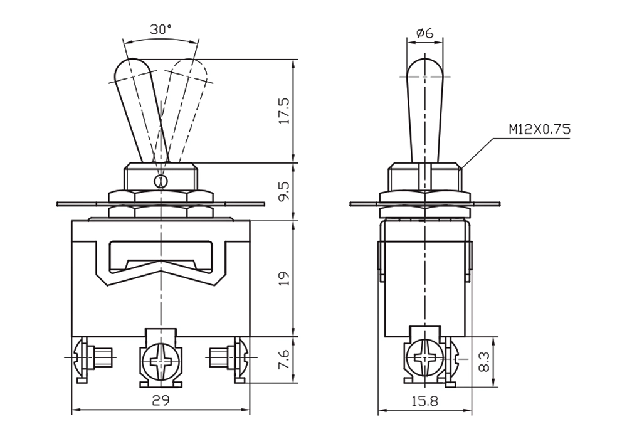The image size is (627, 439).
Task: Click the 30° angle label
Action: pos(161,29)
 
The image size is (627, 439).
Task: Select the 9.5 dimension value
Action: pos(284,192)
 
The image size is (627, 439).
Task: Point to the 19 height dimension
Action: pos(284,278)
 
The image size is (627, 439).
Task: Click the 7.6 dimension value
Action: pos(284,360)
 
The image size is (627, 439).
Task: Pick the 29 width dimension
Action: pos(161,400)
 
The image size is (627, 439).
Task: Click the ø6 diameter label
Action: pos(424,33)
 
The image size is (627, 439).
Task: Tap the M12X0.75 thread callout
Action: pos(539,129)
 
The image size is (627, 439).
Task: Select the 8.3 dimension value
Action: pos(484,362)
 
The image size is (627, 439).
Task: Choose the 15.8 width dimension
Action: pos(424,400)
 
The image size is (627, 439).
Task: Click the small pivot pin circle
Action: pos(161,181)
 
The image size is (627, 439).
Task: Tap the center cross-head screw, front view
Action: pos(161,362)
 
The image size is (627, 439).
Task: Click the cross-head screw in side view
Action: pos(424,357)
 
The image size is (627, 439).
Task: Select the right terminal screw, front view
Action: pos(229,357)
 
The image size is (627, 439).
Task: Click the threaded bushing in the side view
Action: pos(424,177)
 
